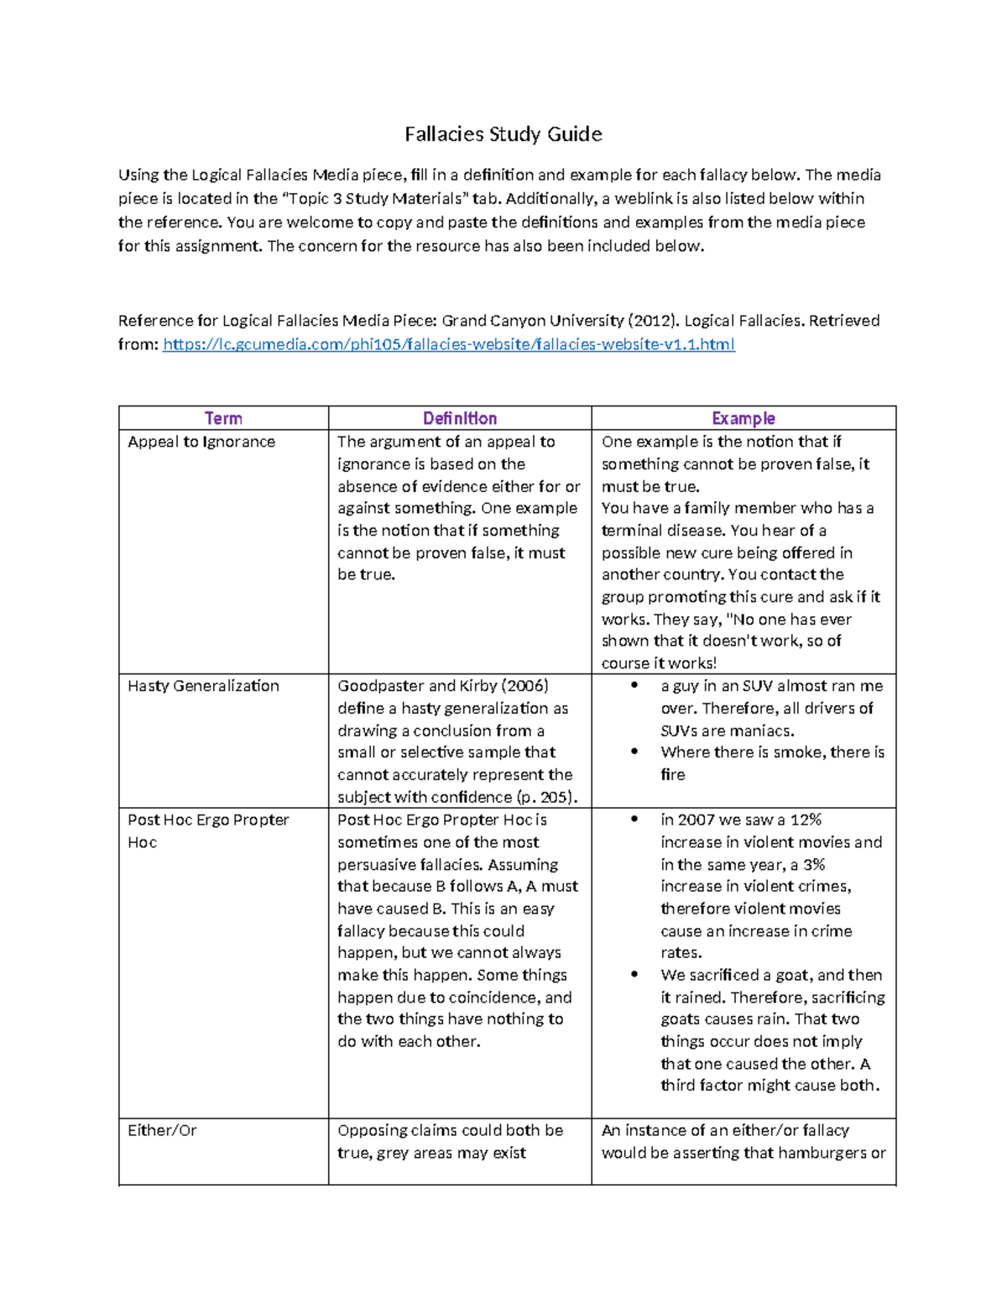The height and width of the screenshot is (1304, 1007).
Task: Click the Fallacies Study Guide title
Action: (503, 134)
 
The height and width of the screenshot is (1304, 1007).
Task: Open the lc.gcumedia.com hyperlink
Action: (448, 344)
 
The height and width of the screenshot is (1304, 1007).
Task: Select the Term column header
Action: (223, 418)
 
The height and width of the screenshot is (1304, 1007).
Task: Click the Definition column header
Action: (459, 418)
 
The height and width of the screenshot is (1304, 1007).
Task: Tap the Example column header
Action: (743, 418)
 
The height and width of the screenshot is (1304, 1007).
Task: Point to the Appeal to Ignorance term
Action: (201, 442)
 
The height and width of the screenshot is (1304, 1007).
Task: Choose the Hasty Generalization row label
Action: (203, 686)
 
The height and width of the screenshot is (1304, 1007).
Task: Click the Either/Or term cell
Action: (162, 1130)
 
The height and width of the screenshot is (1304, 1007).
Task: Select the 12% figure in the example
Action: (806, 820)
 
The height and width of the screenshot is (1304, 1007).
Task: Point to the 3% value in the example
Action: (813, 864)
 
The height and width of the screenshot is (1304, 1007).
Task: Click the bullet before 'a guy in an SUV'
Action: (635, 686)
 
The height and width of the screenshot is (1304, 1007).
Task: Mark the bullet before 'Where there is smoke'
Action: (635, 752)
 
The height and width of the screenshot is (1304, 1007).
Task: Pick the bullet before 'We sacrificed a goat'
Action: (635, 975)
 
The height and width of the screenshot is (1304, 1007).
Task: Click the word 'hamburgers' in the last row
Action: (822, 1153)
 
